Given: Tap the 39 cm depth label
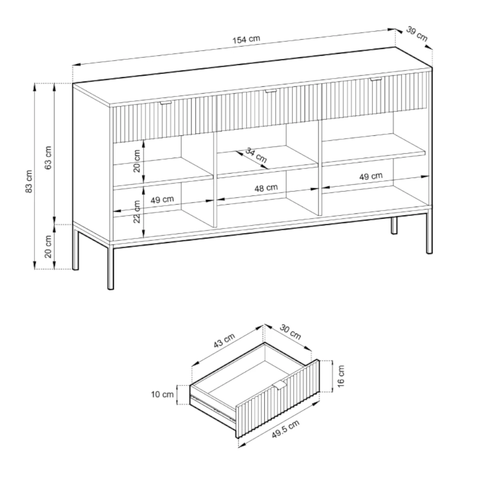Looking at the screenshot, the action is click(x=417, y=34).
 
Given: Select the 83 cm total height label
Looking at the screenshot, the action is click(x=29, y=181).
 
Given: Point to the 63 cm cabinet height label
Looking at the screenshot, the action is click(x=48, y=158).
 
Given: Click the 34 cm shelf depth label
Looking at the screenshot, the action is click(x=256, y=155).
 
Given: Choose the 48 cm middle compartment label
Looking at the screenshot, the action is click(x=266, y=188).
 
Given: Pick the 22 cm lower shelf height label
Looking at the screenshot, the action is click(x=136, y=211).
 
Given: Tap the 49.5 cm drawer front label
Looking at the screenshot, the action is click(x=286, y=429).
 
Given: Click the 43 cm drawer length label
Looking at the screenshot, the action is click(x=224, y=340).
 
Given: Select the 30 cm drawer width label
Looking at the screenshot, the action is click(x=291, y=332).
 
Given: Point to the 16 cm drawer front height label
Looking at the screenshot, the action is click(x=340, y=376).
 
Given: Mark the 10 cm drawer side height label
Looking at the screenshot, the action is click(x=162, y=394).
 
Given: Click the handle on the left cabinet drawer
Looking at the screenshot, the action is click(x=167, y=103).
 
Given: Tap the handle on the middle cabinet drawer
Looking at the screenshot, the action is click(x=270, y=91).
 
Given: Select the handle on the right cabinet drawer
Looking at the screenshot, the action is click(x=376, y=80).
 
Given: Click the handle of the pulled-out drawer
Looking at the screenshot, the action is click(x=280, y=385).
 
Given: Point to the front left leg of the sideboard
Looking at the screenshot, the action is click(x=111, y=268).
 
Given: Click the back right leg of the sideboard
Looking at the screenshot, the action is click(x=394, y=225).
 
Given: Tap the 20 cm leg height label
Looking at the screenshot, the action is click(x=48, y=246).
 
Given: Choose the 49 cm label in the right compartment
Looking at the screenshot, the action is click(x=371, y=177).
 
